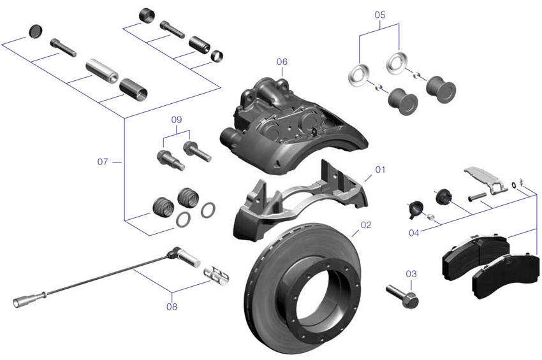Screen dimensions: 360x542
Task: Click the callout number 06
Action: (x=282, y=62)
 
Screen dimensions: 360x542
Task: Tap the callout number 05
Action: (x=380, y=14)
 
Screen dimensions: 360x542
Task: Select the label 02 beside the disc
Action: (x=365, y=225)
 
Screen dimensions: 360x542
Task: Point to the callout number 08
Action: (x=172, y=306)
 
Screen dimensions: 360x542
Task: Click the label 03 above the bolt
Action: (x=411, y=273)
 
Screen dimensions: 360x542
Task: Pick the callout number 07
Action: (x=103, y=162)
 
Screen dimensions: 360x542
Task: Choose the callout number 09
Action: (x=177, y=120)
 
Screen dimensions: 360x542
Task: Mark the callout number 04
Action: (x=414, y=233)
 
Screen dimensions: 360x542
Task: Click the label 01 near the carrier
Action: (x=381, y=170)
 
